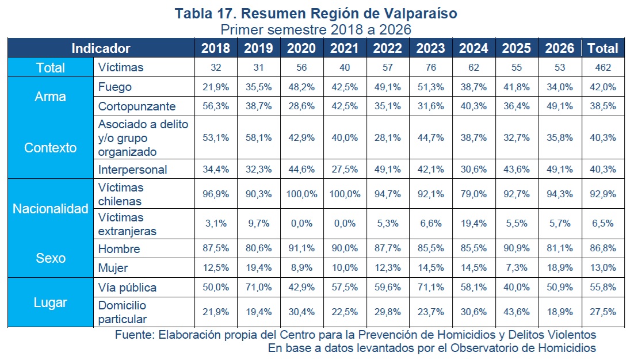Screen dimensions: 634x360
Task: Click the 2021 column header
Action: click(x=345, y=48)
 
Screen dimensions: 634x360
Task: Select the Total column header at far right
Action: click(x=602, y=48)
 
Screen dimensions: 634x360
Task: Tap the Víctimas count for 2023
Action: click(x=430, y=67)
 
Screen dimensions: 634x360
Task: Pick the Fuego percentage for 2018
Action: click(x=216, y=87)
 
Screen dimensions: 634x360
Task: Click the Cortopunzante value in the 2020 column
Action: click(x=301, y=106)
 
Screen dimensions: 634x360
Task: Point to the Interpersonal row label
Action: click(x=132, y=170)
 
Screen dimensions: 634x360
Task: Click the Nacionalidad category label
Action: click(x=51, y=209)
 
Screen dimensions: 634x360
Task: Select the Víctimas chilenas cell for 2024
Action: click(x=473, y=194)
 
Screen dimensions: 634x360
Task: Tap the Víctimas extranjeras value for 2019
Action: click(x=259, y=224)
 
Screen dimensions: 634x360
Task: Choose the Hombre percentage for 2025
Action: click(x=516, y=248)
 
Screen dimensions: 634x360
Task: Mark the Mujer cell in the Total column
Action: click(x=602, y=267)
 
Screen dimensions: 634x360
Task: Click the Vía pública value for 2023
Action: click(x=430, y=288)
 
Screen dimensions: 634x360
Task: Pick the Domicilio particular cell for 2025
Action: click(x=516, y=312)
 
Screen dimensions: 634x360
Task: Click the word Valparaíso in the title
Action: click(x=421, y=14)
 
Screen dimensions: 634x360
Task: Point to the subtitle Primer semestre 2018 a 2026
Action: click(x=316, y=30)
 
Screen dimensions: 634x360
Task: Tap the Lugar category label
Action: click(x=50, y=302)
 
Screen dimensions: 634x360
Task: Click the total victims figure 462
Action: click(x=602, y=67)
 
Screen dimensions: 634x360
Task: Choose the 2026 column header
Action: click(x=560, y=48)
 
